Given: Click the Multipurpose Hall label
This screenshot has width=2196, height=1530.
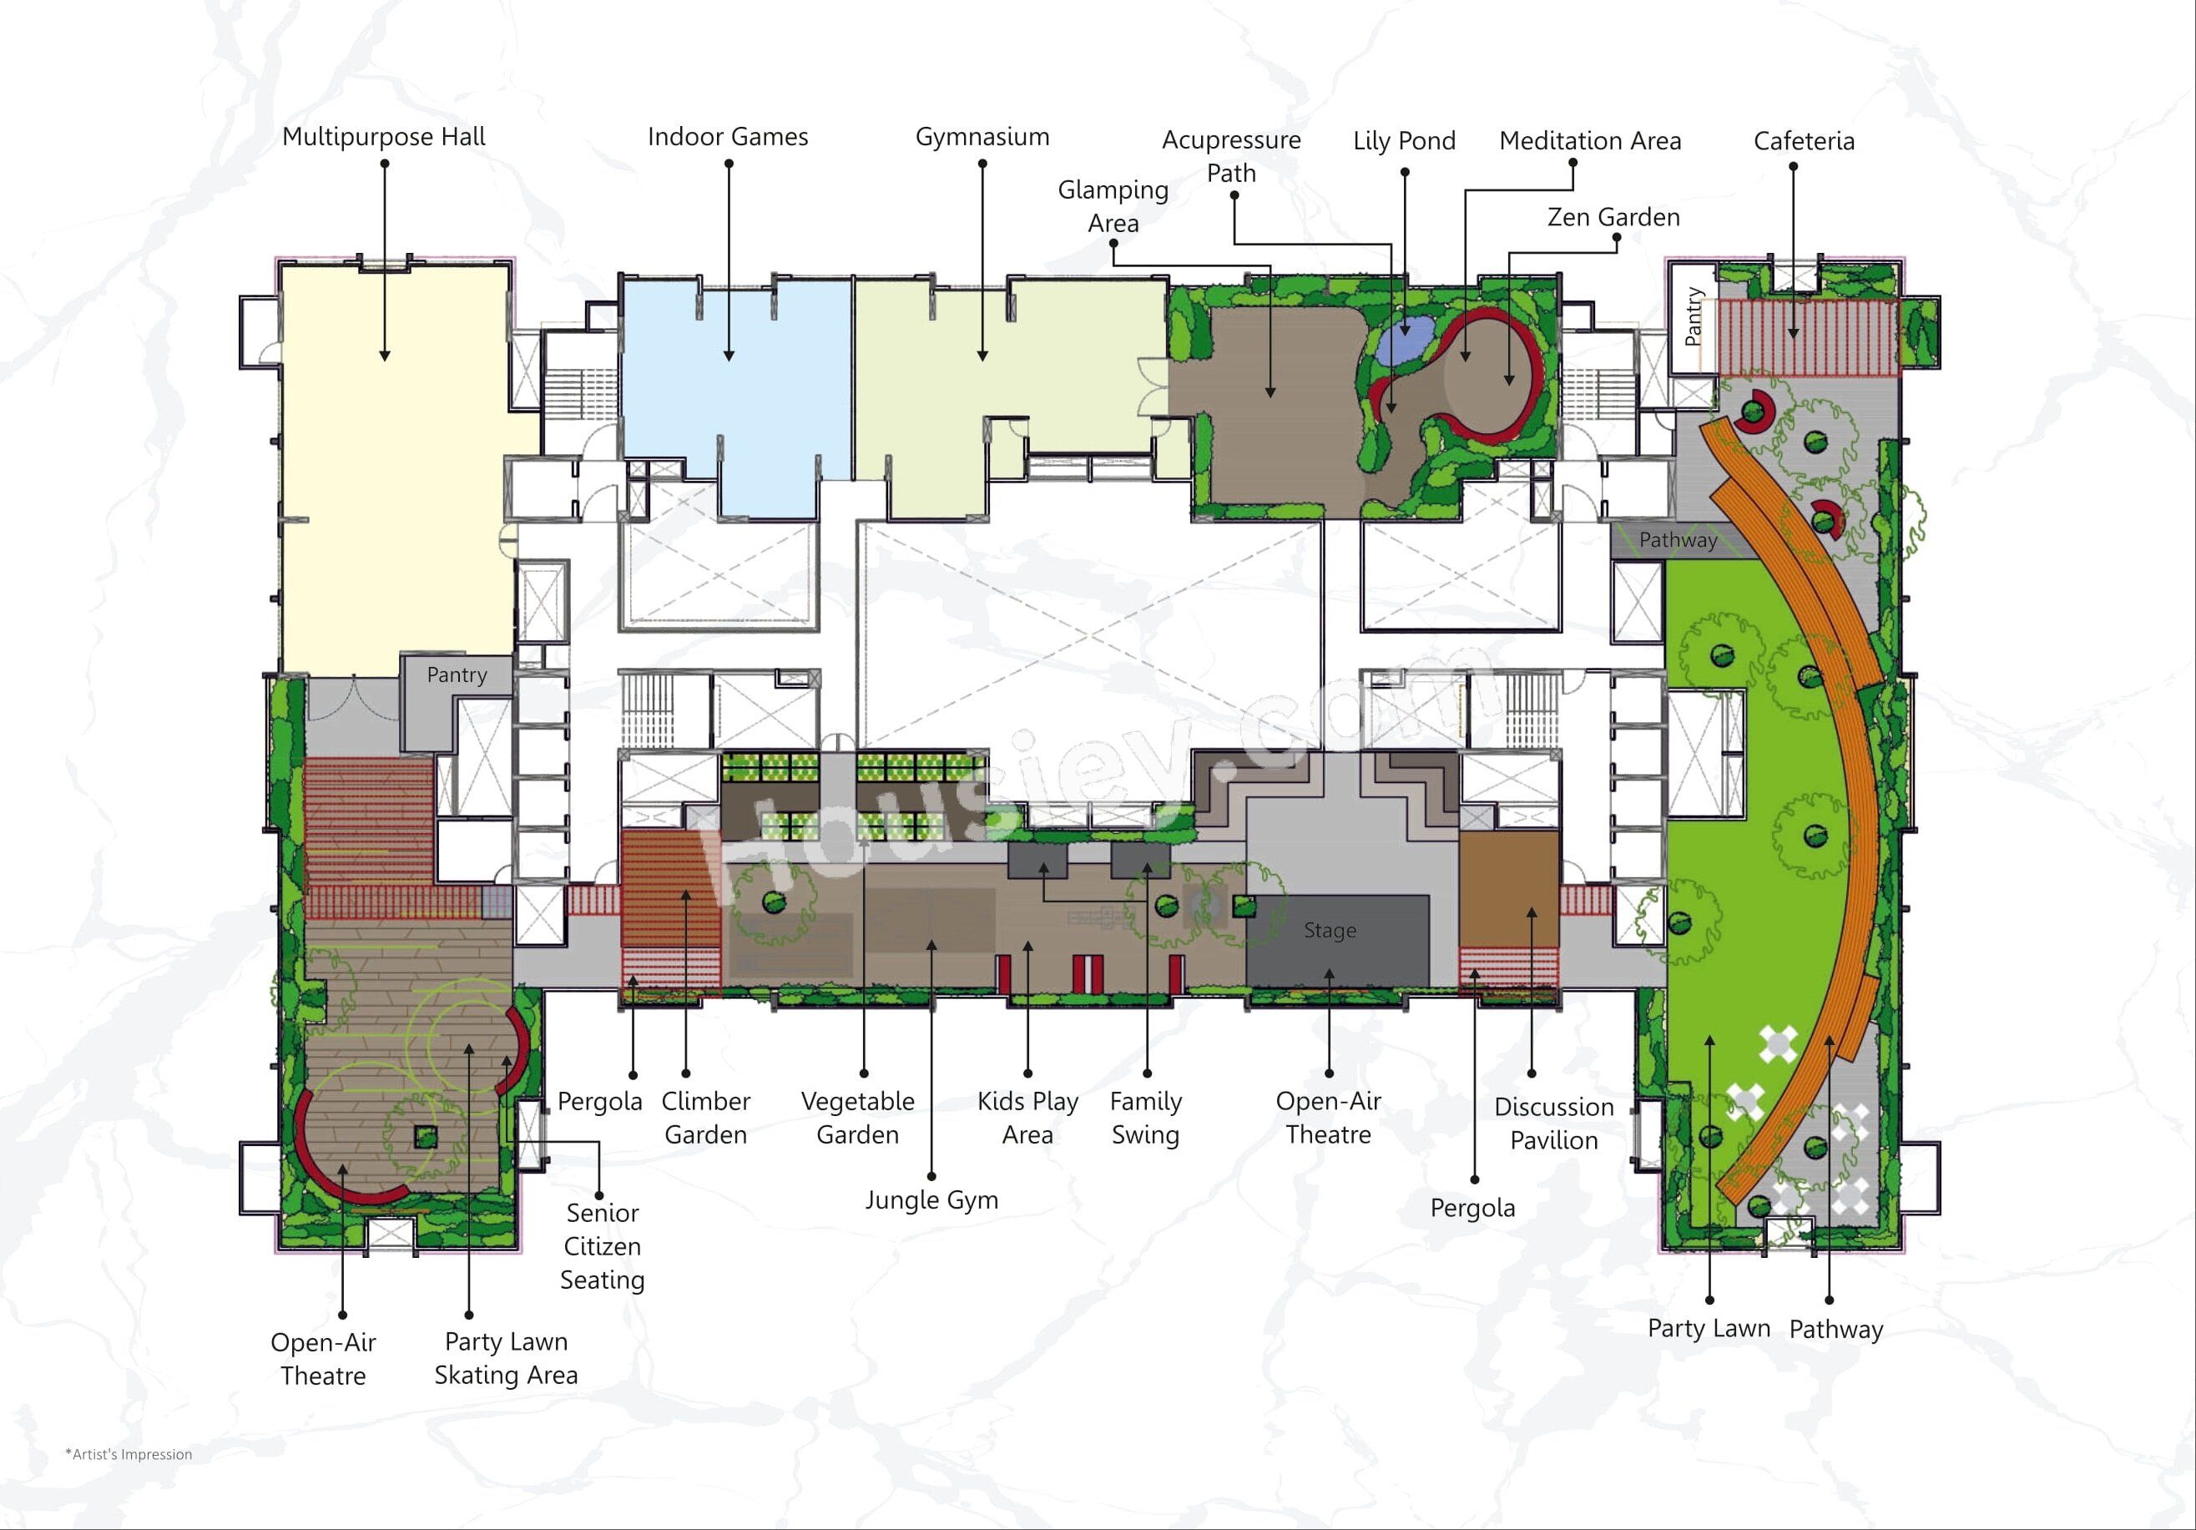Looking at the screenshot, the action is (384, 137).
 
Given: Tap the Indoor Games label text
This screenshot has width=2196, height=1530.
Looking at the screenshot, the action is (728, 137).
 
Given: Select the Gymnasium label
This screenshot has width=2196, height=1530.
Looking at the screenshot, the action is (982, 137).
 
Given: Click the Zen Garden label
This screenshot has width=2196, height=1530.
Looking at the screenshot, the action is (1613, 217).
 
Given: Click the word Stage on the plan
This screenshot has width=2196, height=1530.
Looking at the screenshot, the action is (1330, 931).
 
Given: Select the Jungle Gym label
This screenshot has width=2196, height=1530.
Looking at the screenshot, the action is (931, 1200).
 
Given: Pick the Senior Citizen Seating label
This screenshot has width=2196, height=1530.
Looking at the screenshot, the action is (603, 1246).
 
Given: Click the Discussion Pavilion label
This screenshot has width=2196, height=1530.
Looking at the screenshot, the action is (1554, 1124).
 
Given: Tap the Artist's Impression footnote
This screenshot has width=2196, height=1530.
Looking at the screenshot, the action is (129, 1454).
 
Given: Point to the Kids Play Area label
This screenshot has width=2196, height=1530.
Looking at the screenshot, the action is (1028, 1118).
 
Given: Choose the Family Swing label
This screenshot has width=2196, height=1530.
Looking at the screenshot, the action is (1146, 1118).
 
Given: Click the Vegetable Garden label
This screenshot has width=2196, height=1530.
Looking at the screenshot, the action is (858, 1118).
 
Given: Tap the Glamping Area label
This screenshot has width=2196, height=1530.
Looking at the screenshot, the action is (1113, 206).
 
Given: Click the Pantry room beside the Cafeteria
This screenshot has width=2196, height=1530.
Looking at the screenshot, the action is (1692, 318).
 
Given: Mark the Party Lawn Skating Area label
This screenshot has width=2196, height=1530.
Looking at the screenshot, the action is (506, 1358).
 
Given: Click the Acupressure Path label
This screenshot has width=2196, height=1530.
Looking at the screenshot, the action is (1231, 157).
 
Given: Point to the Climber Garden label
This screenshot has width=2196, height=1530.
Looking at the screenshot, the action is (706, 1118).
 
